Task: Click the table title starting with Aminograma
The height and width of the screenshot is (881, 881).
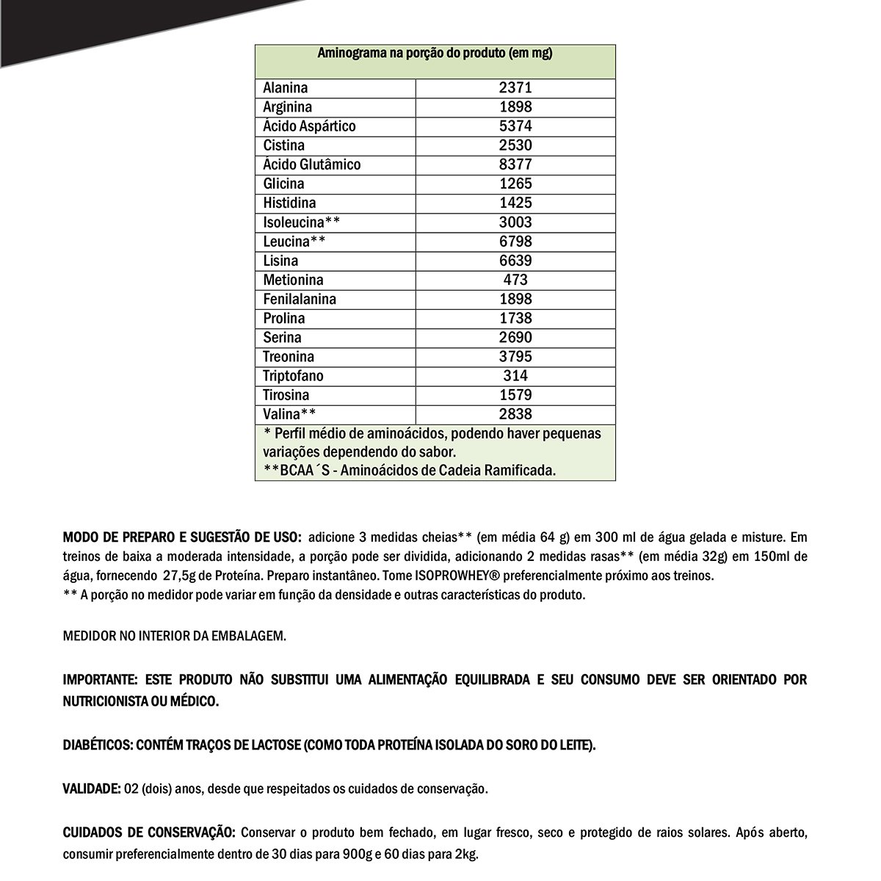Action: click(435, 54)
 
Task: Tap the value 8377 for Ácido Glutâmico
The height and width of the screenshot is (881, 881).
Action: click(515, 164)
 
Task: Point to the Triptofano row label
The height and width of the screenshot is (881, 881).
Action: click(293, 376)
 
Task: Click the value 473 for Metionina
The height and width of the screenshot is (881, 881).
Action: click(515, 280)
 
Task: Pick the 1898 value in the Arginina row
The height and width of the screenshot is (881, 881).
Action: click(515, 107)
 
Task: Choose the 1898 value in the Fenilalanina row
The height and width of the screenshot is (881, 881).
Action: click(515, 299)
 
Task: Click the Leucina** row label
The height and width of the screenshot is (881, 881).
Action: click(294, 242)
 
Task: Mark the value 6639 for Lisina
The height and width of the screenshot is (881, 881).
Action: click(515, 261)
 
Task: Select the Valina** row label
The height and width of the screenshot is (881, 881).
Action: click(289, 414)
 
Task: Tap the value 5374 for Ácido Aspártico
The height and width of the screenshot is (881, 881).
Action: click(515, 126)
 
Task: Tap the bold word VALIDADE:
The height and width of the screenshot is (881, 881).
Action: click(92, 789)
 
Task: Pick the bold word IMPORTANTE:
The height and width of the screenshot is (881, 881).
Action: click(101, 680)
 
